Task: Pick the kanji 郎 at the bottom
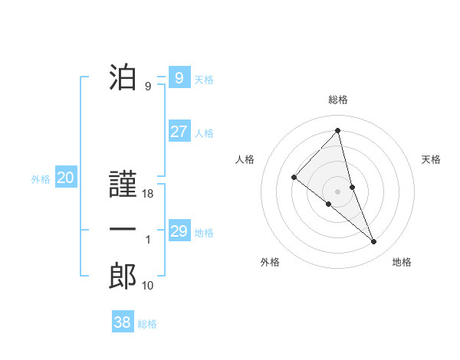(123, 276)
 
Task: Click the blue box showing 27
(179, 132)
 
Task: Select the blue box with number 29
(179, 231)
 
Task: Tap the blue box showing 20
(66, 178)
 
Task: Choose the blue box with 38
(123, 322)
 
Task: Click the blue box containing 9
(179, 78)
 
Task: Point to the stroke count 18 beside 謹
(149, 195)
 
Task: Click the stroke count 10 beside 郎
(148, 286)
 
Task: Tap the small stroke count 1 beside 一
(148, 240)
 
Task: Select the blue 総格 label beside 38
(147, 324)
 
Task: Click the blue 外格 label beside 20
(41, 179)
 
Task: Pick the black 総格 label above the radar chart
(337, 100)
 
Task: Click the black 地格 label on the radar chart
(402, 263)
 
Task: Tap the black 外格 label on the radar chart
(270, 263)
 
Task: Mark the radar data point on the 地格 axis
(374, 242)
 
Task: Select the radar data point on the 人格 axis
(294, 177)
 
